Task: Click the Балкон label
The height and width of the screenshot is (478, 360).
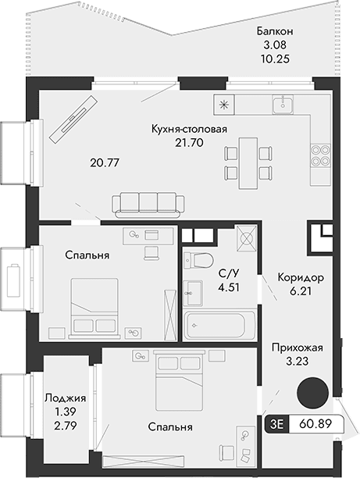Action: pyautogui.click(x=275, y=31)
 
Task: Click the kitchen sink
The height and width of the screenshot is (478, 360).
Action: pyautogui.click(x=283, y=105)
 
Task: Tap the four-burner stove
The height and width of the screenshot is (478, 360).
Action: pyautogui.click(x=319, y=155)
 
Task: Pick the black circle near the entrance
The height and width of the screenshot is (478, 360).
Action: pyautogui.click(x=315, y=390)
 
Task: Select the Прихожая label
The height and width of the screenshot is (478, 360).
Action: pyautogui.click(x=297, y=348)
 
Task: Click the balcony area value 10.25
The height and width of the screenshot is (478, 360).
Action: pyautogui.click(x=275, y=59)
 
